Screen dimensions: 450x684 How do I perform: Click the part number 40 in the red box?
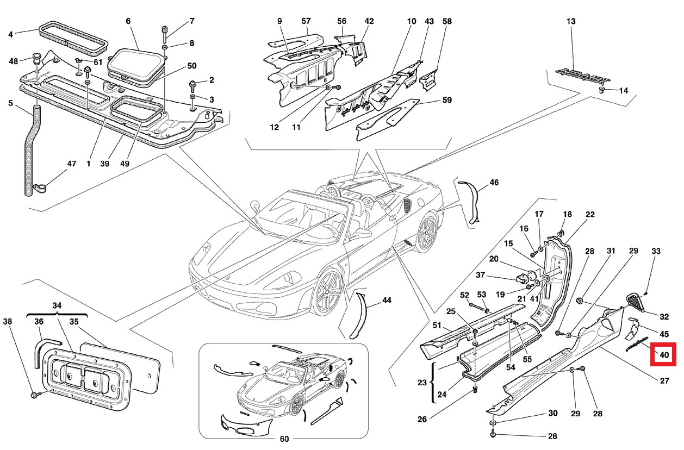[664, 355]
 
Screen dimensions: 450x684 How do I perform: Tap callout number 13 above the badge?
[570, 22]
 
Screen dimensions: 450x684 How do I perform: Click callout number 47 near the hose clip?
[71, 164]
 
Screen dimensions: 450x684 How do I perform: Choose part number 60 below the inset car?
[284, 439]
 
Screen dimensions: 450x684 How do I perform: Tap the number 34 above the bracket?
[57, 305]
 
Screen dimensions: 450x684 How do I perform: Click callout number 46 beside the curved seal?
[494, 183]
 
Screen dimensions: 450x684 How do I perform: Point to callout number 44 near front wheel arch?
[387, 300]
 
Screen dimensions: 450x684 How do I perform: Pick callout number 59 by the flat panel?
[446, 100]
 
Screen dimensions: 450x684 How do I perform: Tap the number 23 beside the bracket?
[422, 382]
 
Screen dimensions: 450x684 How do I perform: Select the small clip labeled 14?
[603, 90]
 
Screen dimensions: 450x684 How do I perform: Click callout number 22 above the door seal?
[590, 215]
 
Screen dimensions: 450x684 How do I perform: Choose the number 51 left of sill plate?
[437, 325]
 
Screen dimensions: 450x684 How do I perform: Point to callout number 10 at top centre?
[411, 22]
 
